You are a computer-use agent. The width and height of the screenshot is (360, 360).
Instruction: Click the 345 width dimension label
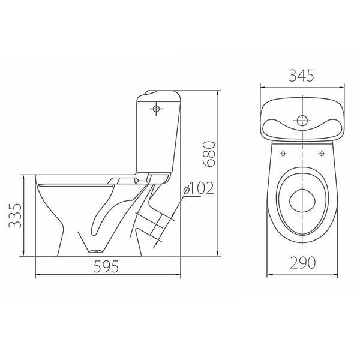(x=301, y=76)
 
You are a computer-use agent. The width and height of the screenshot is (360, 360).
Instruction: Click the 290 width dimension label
(x=302, y=263)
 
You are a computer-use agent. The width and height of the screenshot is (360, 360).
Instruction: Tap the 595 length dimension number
(x=106, y=266)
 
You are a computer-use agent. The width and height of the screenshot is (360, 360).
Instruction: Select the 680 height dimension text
(x=209, y=154)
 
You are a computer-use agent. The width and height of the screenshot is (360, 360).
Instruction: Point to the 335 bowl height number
(x=15, y=215)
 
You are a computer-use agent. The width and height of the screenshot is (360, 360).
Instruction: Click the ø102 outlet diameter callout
(x=199, y=188)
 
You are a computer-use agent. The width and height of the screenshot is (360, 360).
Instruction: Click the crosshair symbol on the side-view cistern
(x=156, y=109)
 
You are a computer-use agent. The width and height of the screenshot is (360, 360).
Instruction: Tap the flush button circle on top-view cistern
(x=302, y=121)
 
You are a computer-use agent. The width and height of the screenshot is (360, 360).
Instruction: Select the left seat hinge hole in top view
(x=283, y=154)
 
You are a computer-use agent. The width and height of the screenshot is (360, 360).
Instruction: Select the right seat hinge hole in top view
(x=322, y=154)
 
